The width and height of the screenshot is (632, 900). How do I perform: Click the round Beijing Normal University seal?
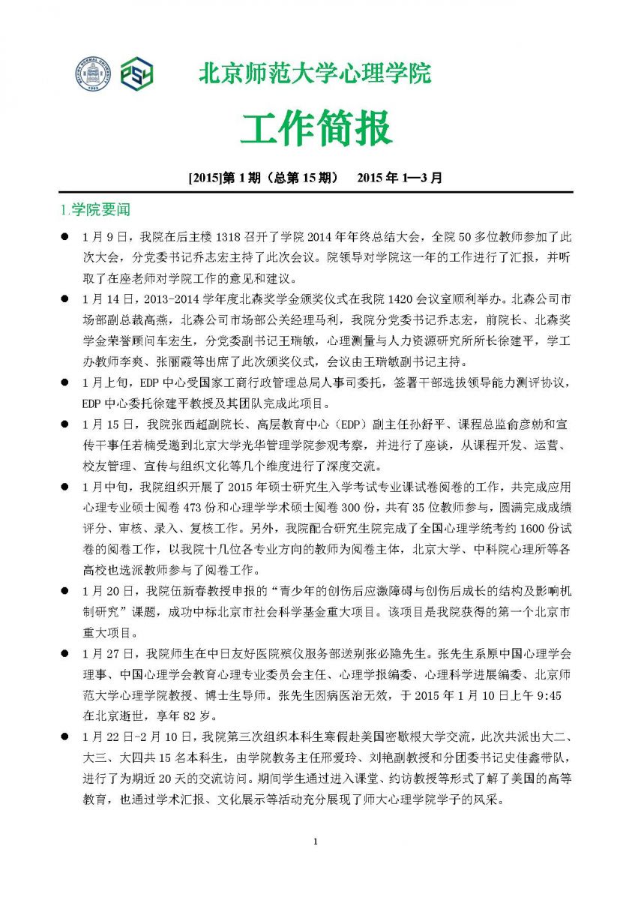(x=92, y=75)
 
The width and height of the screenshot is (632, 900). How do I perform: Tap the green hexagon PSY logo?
(x=137, y=75)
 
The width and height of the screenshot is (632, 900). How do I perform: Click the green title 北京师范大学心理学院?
(x=315, y=74)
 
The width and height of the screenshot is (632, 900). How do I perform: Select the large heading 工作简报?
(x=316, y=128)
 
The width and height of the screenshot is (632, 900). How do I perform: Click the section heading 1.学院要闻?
(x=95, y=208)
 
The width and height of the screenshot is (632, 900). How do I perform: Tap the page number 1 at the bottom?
(x=316, y=841)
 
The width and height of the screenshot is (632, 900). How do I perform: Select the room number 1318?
(x=232, y=237)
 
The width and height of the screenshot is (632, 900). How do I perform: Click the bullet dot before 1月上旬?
(x=66, y=382)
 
